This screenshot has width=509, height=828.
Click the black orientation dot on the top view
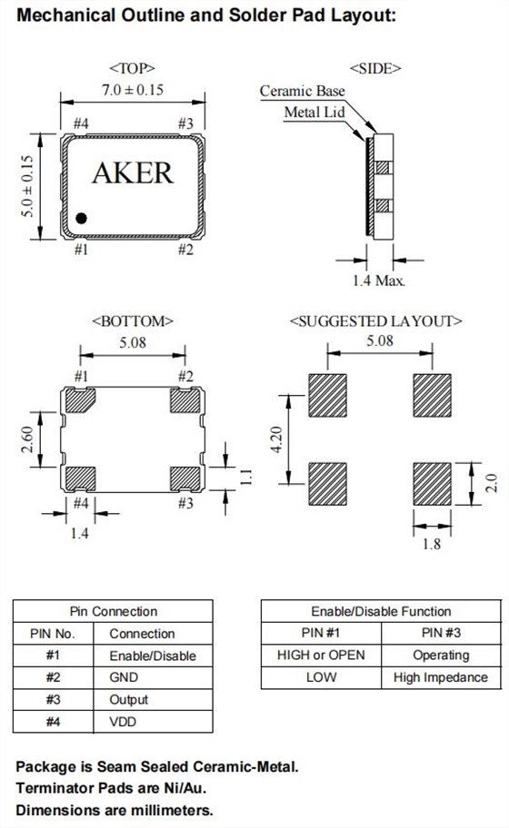tap(81, 218)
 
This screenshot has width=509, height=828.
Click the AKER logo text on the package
tap(133, 173)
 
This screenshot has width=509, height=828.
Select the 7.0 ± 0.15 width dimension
tap(133, 89)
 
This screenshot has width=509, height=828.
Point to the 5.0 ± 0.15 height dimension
tap(27, 186)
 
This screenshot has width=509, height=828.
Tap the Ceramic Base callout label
tap(303, 91)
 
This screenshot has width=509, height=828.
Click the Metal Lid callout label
tap(314, 112)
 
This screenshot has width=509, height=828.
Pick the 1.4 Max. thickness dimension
tap(378, 281)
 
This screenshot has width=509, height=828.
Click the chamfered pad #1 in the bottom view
tap(80, 400)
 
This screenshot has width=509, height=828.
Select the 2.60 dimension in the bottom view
tap(27, 439)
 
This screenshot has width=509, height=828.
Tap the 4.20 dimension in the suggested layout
tap(276, 439)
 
